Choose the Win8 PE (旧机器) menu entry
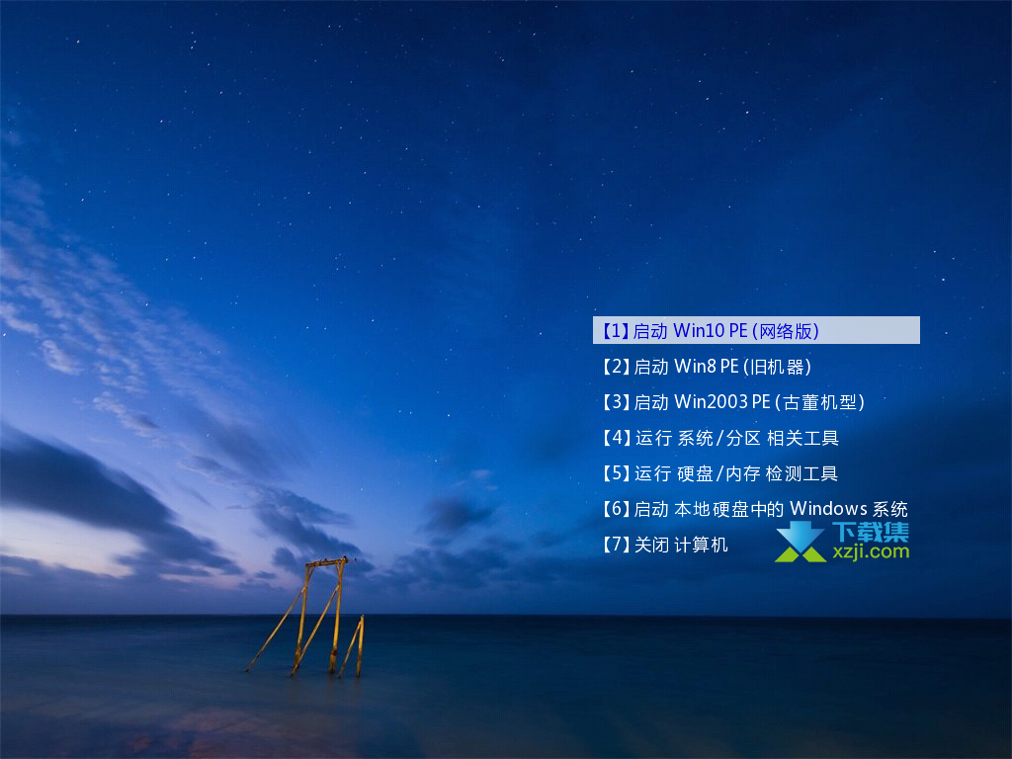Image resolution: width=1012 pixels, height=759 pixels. coord(707,367)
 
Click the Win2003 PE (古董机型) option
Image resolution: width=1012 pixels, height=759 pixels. coord(734,402)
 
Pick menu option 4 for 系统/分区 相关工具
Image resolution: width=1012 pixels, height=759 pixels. coord(720,438)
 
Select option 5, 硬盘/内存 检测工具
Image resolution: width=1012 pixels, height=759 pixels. coord(720,473)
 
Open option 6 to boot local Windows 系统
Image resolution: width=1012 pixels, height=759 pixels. coord(755,509)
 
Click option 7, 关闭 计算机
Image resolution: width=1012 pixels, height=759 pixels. coord(665,545)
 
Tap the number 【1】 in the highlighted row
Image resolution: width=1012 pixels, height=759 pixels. coord(616,331)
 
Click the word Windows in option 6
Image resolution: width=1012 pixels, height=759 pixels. coord(829,509)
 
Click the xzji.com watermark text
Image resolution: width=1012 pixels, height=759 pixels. coord(871,551)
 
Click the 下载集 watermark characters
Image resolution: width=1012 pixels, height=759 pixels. coord(871,532)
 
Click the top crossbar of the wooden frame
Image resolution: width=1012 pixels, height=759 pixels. coord(326,562)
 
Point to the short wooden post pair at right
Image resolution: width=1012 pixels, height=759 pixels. coord(354,646)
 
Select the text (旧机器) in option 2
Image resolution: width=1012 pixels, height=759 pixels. coord(777,367)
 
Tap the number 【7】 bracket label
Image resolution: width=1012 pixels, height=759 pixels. coord(616,545)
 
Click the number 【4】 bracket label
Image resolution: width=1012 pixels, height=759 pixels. coord(616,438)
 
